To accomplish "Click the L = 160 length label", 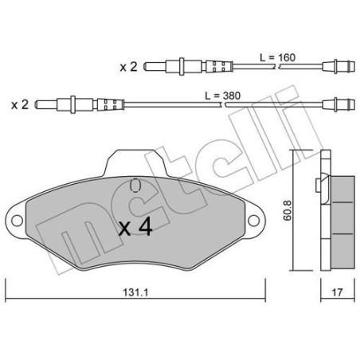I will tap(277, 57).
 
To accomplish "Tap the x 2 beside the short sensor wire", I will tap(128, 68).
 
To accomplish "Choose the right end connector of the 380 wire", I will tap(334, 104).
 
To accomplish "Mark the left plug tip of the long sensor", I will tap(40, 104).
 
